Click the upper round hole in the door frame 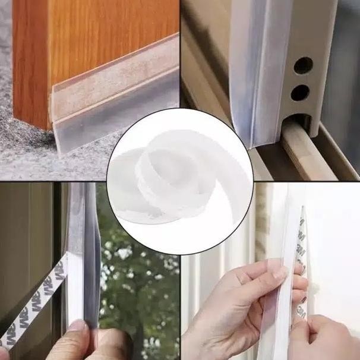pos(303,64)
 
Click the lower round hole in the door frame pos(300,92)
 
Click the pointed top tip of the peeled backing pos(301,210)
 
